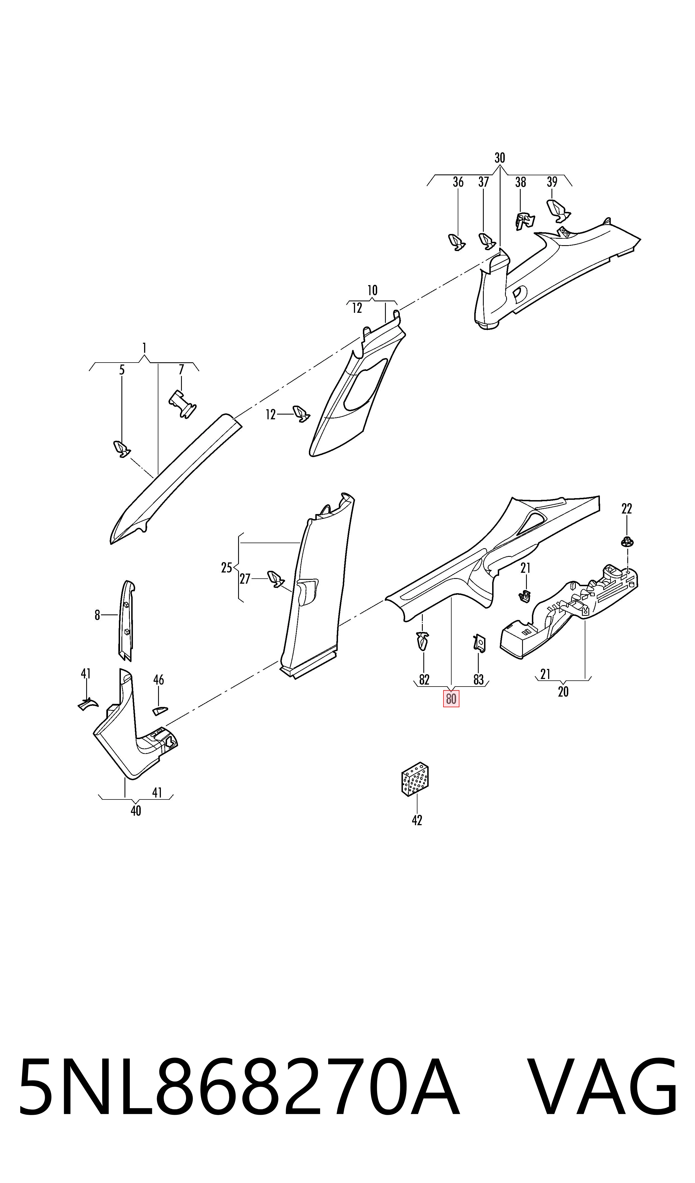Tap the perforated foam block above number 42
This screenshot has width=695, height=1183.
pos(415,779)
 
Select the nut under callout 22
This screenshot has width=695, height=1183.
pos(627,541)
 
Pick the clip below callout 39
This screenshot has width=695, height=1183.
pos(559,210)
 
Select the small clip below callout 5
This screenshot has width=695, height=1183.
pos(122,449)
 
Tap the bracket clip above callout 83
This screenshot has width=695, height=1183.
pos(479,643)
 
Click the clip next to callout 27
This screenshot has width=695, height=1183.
pos(275,579)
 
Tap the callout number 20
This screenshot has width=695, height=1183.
pos(563,692)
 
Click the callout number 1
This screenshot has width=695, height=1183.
pos(144,348)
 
